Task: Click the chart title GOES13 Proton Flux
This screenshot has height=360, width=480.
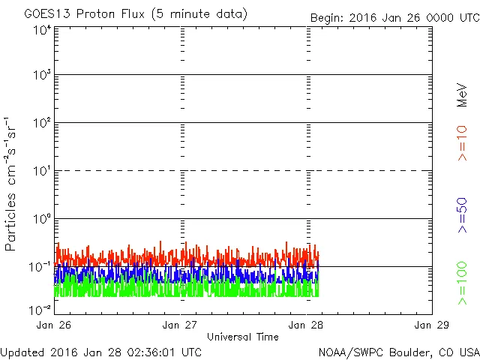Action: pos(136,14)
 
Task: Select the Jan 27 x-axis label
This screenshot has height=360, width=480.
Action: pos(181,325)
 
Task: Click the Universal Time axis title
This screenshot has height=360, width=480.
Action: pos(243,337)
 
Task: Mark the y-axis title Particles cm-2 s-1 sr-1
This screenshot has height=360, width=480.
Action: pos(11,184)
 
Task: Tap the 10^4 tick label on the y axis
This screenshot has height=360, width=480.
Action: pos(42,31)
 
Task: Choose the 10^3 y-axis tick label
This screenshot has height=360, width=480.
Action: pos(42,76)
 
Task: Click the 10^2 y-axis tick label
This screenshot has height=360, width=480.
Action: pos(42,124)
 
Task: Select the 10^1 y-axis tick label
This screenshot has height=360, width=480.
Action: pos(42,172)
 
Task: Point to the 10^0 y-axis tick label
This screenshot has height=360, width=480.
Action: pos(42,220)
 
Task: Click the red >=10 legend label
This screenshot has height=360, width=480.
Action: pos(463,142)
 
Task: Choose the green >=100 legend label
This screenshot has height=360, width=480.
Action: pos(463,283)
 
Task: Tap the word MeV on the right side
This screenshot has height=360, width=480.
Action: pos(463,94)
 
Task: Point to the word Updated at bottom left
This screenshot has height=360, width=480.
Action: pos(22,352)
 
